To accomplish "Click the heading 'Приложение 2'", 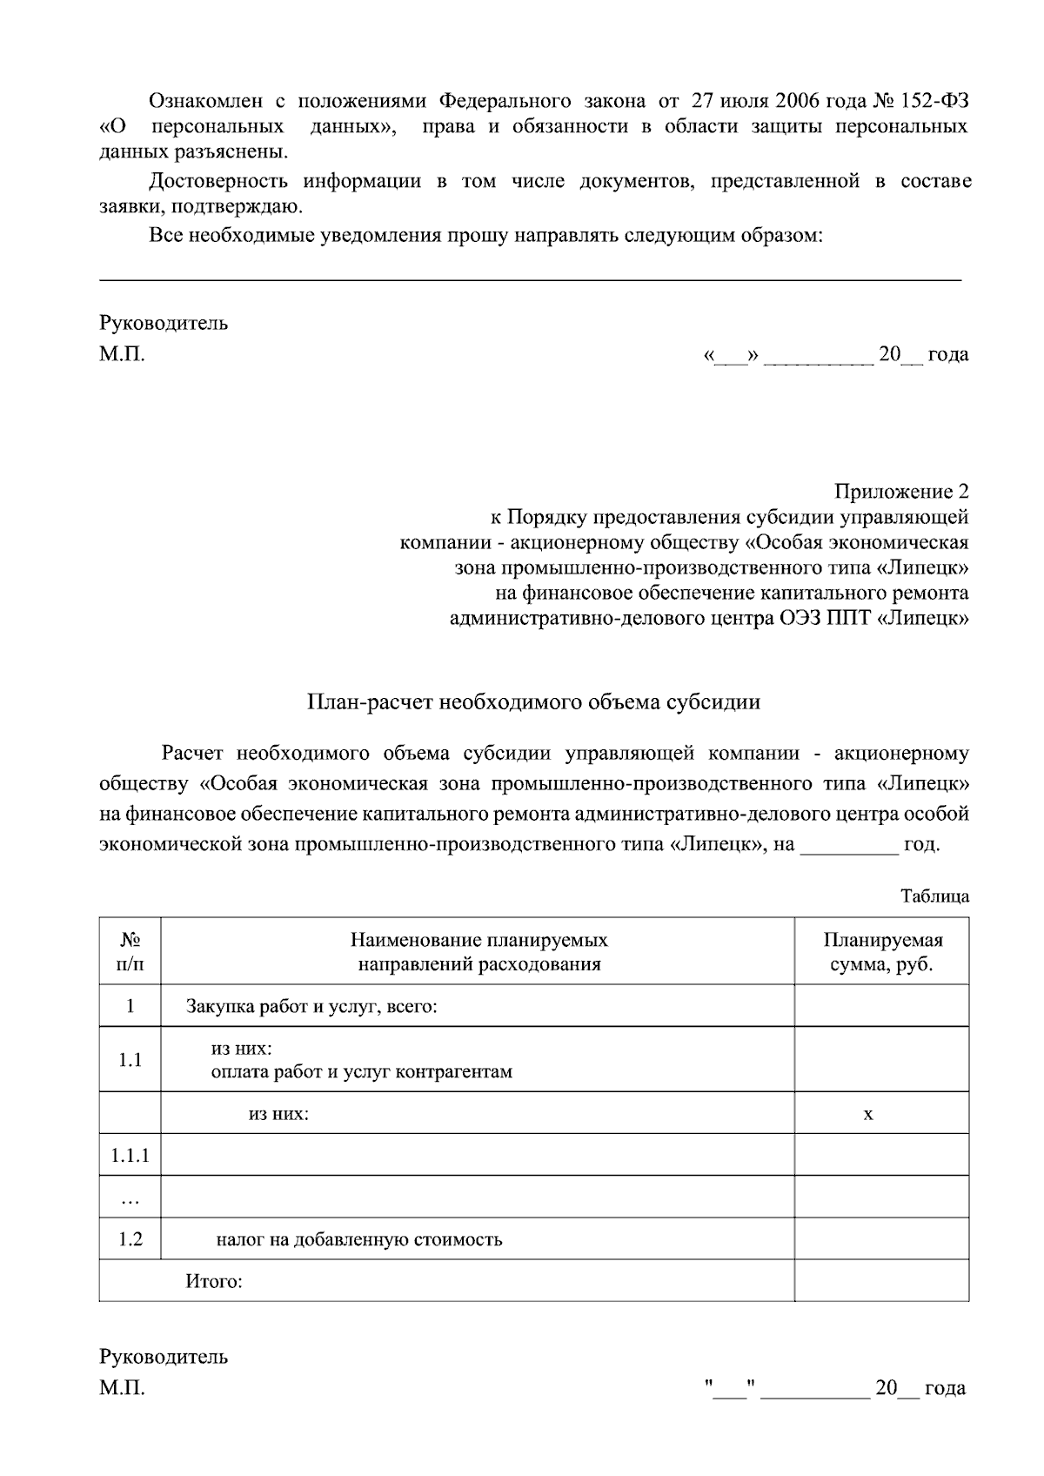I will [901, 493].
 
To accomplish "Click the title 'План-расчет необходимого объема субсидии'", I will [533, 702].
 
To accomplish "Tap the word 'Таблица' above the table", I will [934, 896].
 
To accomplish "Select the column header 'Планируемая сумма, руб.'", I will [882, 952].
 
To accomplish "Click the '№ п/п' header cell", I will [130, 952].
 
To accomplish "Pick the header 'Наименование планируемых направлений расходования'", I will [478, 952].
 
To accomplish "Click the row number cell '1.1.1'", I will [130, 1156].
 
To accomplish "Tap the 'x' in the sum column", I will [867, 1114].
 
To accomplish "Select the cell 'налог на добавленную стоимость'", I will [359, 1239].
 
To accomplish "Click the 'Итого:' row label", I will [213, 1282].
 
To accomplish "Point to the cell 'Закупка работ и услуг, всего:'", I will [311, 1007].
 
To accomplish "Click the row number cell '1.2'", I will [130, 1239].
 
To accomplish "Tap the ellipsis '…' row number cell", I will [130, 1198].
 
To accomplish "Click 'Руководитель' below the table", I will [164, 1357].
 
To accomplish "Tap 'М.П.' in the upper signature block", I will [122, 355].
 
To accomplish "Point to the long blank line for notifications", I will [531, 279].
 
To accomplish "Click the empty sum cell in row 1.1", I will [882, 1059].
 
